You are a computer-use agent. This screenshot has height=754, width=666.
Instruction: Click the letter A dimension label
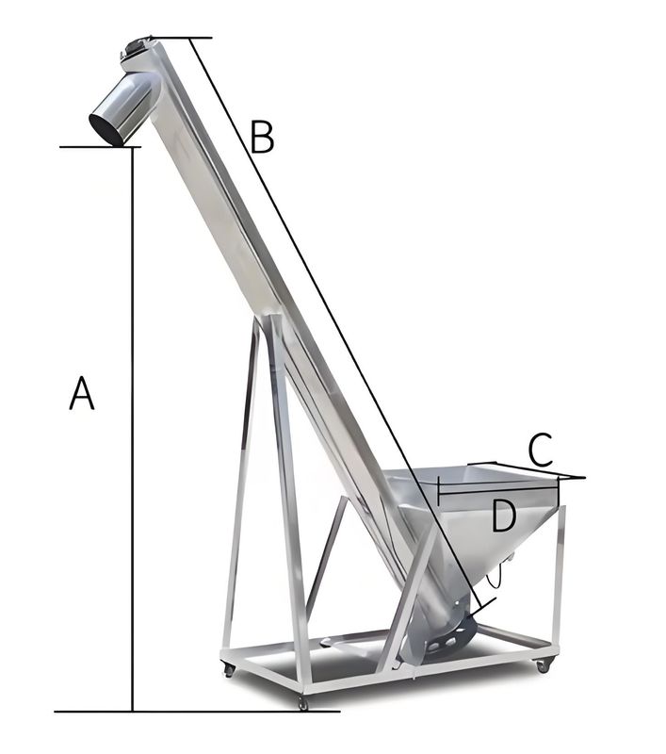tap(82, 393)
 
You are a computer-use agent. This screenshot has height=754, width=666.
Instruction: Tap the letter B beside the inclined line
tap(263, 138)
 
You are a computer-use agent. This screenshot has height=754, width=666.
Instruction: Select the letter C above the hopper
tap(540, 450)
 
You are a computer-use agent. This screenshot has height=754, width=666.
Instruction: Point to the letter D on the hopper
tap(504, 516)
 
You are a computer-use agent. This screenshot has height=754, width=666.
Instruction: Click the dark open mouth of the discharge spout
tap(106, 129)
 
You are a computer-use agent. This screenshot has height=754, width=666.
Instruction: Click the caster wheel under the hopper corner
tap(543, 666)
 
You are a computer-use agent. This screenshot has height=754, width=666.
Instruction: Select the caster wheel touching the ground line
tap(302, 704)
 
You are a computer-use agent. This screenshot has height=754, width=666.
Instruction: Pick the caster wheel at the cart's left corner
tap(229, 669)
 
